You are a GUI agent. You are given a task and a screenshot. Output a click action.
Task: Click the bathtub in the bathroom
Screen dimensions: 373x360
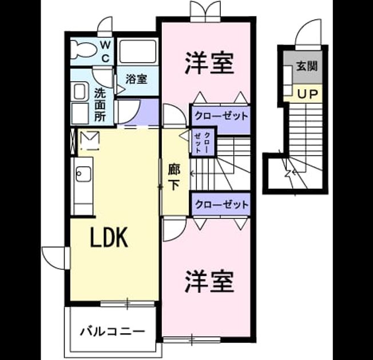pyautogui.click(x=137, y=51)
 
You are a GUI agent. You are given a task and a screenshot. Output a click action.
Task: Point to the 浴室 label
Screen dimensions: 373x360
pyautogui.click(x=136, y=79)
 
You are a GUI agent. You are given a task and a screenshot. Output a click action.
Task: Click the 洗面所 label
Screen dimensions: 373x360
pyautogui.click(x=100, y=105)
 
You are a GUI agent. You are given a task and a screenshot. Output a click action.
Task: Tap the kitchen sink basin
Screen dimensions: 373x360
pyautogui.click(x=84, y=174)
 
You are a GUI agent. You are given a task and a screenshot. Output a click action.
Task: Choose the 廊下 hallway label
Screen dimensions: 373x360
pyautogui.click(x=174, y=177)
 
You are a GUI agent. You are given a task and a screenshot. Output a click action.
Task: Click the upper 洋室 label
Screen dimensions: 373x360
pyautogui.click(x=209, y=63)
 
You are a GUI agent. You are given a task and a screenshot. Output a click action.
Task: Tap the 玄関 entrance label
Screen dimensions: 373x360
pyautogui.click(x=307, y=66)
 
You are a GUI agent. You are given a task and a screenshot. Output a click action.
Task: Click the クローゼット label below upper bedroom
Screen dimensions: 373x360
pyautogui.click(x=221, y=116)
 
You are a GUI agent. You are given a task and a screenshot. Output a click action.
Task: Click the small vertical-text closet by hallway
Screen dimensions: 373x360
pyautogui.click(x=203, y=142)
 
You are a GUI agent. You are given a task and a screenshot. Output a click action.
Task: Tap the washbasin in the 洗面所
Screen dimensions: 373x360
pyautogui.click(x=80, y=91)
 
